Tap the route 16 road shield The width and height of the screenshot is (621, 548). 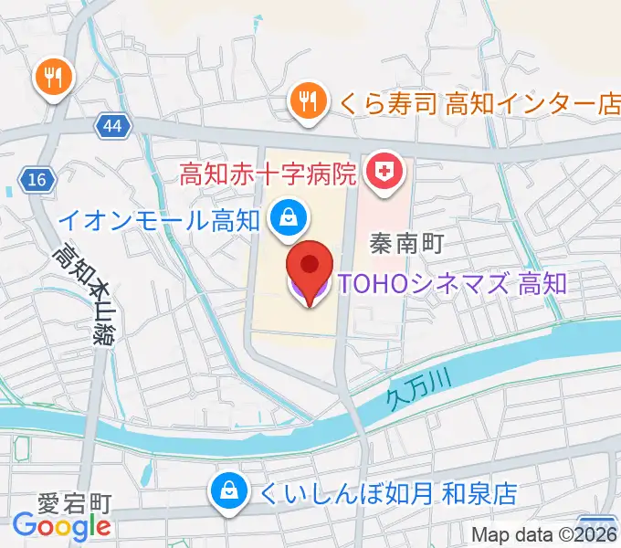[x=37, y=180]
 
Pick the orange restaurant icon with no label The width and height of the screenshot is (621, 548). [x=52, y=77]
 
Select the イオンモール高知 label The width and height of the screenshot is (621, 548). [x=160, y=219]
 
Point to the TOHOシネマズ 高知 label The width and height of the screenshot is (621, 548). [x=453, y=283]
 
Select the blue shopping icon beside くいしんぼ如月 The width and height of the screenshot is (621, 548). [x=226, y=493]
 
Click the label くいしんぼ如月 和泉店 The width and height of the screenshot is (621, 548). [x=388, y=494]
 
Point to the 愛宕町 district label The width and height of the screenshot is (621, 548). [x=75, y=503]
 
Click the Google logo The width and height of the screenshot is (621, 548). [x=62, y=526]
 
